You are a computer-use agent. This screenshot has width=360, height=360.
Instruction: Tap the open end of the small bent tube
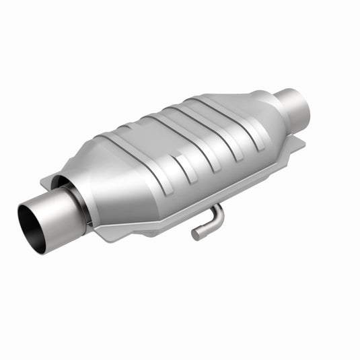tap(196, 235)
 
